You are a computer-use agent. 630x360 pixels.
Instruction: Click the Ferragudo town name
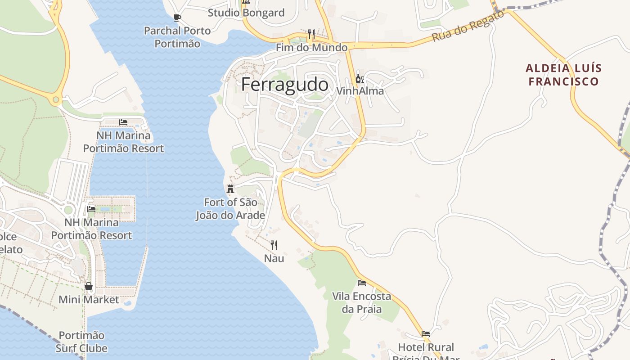284,85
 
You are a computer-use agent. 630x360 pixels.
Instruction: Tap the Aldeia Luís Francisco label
563,75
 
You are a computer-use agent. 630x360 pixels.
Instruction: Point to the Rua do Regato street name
468,26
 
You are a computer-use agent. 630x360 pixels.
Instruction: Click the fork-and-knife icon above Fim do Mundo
311,34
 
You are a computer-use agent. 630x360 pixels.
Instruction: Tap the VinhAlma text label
360,91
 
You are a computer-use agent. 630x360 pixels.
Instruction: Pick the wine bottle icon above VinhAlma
360,79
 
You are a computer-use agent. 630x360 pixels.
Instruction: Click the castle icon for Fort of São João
230,189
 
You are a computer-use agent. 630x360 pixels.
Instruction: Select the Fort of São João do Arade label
230,209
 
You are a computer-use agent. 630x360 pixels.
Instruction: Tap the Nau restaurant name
274,258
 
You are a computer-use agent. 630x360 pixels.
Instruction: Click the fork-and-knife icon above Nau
274,245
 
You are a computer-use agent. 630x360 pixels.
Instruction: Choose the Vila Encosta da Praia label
361,302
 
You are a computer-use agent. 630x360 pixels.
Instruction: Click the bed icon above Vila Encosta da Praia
361,283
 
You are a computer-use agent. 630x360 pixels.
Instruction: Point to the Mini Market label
89,300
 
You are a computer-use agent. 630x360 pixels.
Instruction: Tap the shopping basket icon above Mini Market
89,286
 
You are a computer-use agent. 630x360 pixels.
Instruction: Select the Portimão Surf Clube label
81,342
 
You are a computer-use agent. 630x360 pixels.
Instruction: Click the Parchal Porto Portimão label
177,37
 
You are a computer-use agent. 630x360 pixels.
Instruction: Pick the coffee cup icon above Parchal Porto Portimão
177,18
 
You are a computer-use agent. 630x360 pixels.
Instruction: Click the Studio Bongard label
246,13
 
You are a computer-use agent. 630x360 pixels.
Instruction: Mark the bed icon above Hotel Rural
426,334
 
